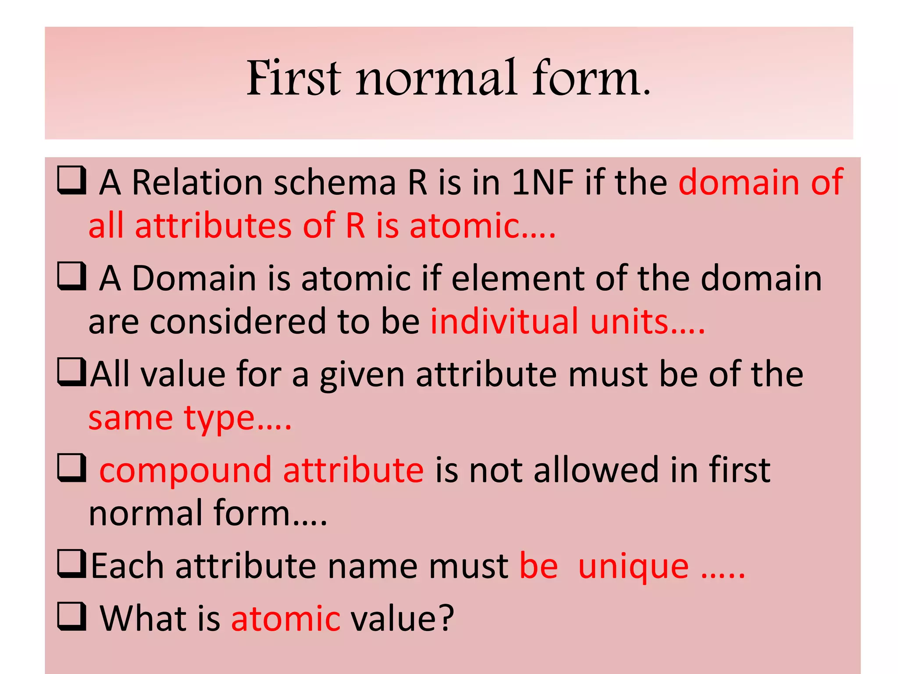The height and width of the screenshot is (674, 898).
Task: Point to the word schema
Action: tap(335, 182)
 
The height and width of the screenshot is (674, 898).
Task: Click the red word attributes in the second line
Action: tap(214, 226)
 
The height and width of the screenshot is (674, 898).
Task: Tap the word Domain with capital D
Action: tap(194, 278)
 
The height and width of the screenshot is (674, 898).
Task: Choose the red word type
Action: tap(219, 419)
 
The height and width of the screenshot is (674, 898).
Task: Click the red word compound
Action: tap(185, 470)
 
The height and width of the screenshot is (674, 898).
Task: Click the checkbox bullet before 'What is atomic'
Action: tap(71, 617)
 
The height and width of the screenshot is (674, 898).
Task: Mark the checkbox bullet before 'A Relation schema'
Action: tap(71, 180)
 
